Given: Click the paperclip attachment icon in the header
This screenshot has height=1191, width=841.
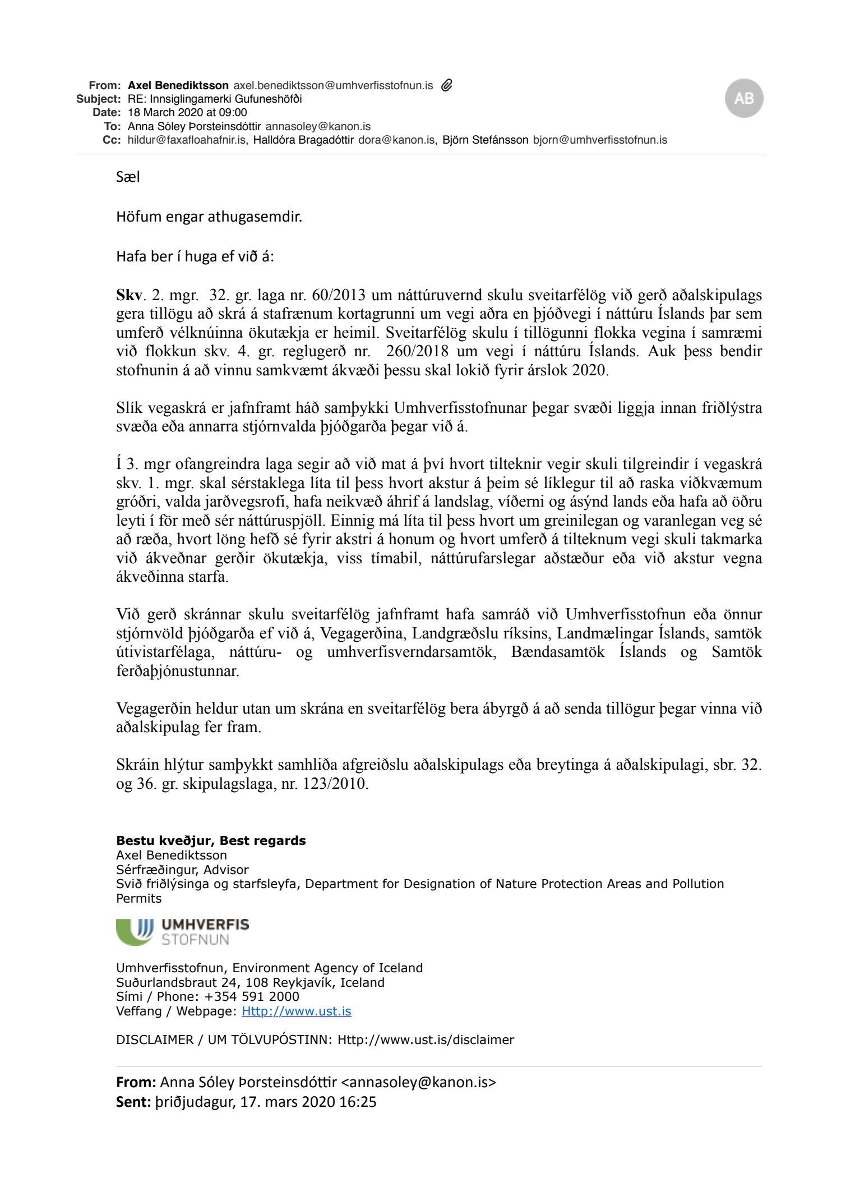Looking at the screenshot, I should (x=447, y=85).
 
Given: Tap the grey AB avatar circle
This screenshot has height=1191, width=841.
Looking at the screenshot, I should (x=744, y=98).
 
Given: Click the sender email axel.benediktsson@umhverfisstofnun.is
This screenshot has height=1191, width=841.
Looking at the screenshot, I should (x=333, y=86).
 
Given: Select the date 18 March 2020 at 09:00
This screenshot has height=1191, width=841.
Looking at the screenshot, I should (x=187, y=113).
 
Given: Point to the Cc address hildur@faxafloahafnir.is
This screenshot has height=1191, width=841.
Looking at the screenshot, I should (x=187, y=140).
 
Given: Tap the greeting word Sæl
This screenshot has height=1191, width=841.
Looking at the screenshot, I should (x=128, y=177).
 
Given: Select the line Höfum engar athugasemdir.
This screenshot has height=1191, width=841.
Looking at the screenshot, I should (x=209, y=217).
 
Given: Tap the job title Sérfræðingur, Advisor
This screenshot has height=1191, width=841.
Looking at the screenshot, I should (x=182, y=870).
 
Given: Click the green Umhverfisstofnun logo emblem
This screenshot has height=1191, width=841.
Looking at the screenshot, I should (x=135, y=932).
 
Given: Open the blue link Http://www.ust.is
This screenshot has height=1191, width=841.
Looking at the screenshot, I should (x=296, y=1011).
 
